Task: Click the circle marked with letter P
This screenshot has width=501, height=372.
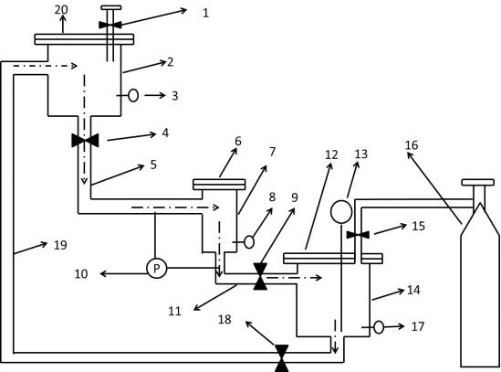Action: [157, 268]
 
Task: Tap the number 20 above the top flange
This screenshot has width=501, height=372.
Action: [61, 10]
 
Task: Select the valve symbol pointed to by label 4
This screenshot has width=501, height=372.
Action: [85, 140]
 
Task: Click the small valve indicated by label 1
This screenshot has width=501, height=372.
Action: [110, 25]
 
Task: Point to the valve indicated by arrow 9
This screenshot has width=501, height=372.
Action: [260, 276]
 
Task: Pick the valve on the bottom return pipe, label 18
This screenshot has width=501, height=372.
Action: [282, 358]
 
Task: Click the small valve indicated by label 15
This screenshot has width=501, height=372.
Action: [358, 235]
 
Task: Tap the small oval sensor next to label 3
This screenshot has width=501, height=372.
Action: [133, 95]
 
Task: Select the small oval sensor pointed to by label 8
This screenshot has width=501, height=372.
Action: [249, 242]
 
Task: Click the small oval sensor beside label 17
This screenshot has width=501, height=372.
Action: [379, 327]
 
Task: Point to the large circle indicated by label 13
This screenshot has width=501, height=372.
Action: [341, 212]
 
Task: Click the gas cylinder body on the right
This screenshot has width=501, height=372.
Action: [480, 285]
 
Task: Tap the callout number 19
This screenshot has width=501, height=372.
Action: [60, 245]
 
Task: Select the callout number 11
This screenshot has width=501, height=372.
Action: [175, 311]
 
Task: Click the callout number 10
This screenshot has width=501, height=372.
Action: [81, 273]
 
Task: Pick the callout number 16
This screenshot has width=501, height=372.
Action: [412, 145]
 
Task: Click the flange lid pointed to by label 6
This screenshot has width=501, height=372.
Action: [219, 185]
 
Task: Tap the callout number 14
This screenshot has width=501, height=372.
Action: [413, 290]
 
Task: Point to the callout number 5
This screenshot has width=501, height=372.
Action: [153, 165]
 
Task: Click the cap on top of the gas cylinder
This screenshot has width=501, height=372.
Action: [477, 183]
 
